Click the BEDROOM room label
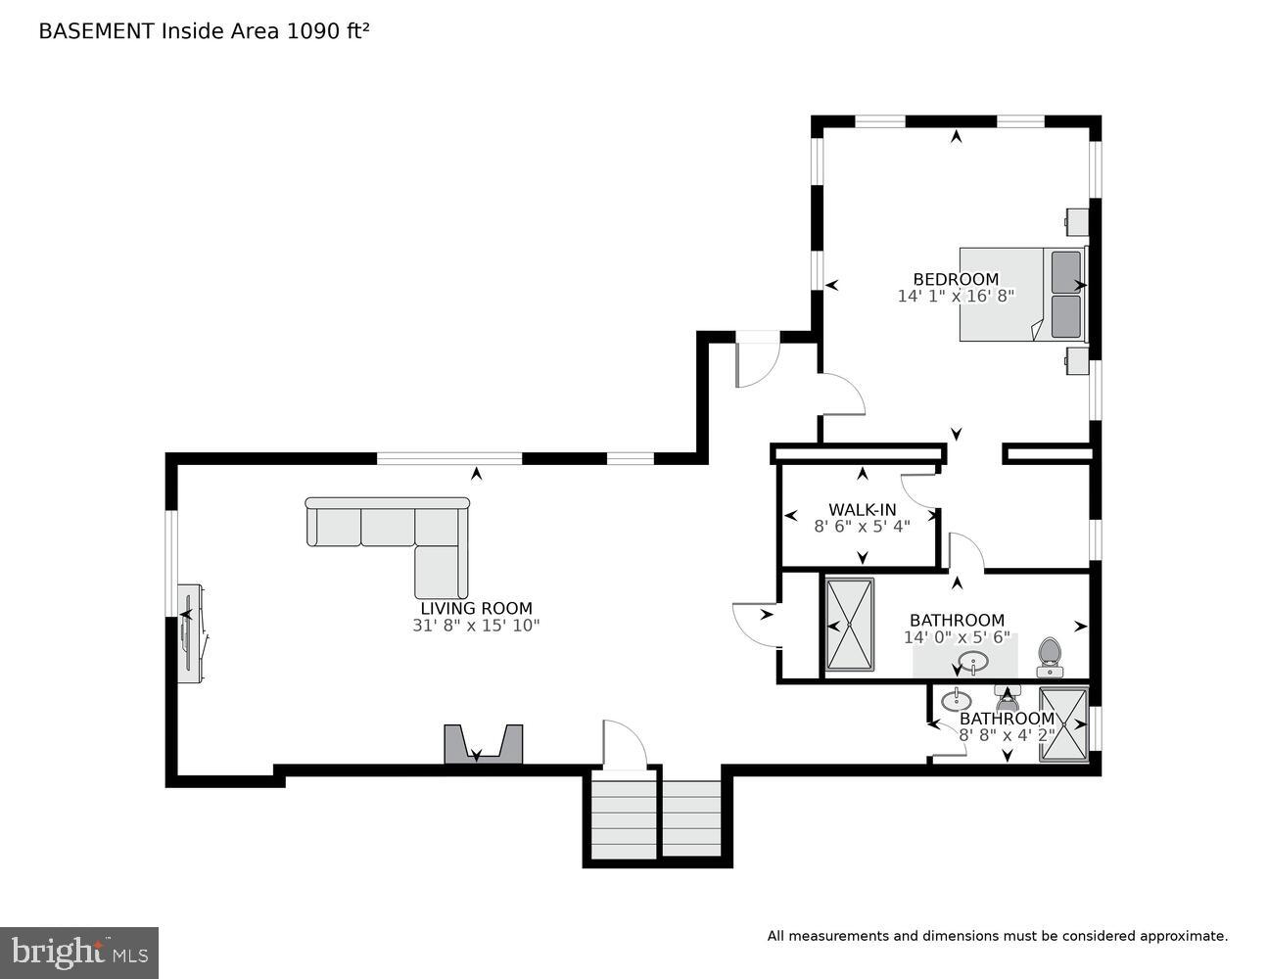click(956, 279)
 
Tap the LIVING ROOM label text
click(476, 608)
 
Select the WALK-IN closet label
click(862, 509)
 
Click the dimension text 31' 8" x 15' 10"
click(476, 625)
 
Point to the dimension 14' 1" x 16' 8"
click(956, 295)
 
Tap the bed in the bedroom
click(1018, 294)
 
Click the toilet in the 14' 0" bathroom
click(1050, 656)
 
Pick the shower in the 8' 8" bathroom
click(1062, 724)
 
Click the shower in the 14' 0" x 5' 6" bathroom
click(849, 625)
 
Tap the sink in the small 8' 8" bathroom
click(956, 701)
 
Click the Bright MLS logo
click(78, 952)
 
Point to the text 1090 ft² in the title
click(327, 30)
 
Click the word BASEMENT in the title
click(95, 30)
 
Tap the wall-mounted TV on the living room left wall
click(189, 633)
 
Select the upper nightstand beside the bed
click(1076, 221)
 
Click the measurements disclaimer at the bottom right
click(997, 936)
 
